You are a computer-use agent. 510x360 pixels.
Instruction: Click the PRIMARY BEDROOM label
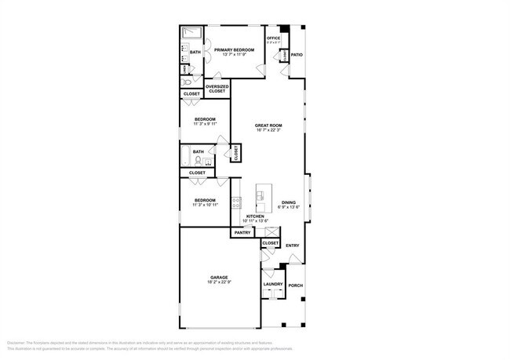(x=235, y=49)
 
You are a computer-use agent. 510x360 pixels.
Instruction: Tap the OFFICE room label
(x=274, y=38)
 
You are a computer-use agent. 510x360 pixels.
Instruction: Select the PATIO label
(x=297, y=55)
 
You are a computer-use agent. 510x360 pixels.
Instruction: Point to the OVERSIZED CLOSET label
(x=217, y=89)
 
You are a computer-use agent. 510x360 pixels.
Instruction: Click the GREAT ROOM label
(x=268, y=125)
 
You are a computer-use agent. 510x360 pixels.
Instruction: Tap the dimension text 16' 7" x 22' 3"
(x=268, y=131)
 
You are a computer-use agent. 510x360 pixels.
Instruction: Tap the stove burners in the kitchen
(x=236, y=205)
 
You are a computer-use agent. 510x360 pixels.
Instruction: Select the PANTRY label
(x=240, y=233)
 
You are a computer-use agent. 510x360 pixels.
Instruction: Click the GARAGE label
(x=219, y=277)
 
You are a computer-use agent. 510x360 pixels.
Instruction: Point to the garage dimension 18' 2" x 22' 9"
(x=219, y=282)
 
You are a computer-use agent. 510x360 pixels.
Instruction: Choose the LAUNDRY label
(x=272, y=284)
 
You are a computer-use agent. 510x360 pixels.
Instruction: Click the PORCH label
(x=296, y=285)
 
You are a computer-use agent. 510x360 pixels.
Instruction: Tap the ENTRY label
(x=293, y=245)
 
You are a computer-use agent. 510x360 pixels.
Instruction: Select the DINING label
(x=289, y=202)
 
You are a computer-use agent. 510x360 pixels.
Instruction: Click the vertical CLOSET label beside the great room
(x=236, y=154)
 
